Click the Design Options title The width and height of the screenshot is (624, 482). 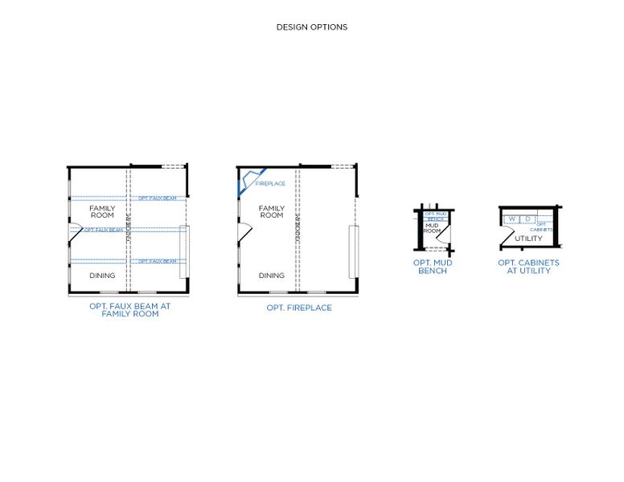(x=312, y=27)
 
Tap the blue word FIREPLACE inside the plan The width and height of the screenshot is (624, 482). (x=270, y=184)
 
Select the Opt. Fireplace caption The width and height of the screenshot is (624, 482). (x=299, y=308)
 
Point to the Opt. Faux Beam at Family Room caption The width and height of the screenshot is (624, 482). (x=129, y=309)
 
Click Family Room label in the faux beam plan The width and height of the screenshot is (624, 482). (x=102, y=212)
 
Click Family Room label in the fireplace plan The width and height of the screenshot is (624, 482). (x=272, y=212)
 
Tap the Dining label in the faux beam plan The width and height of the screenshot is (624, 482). (x=102, y=276)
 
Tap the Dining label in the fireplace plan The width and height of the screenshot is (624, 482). (x=272, y=276)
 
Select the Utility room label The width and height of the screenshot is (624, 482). (x=528, y=239)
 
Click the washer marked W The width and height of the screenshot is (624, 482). (x=511, y=219)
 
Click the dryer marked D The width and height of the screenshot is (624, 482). (x=528, y=219)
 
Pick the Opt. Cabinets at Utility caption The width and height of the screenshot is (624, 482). (x=528, y=267)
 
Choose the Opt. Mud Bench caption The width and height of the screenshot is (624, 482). (x=433, y=267)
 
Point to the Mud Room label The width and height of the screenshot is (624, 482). (x=432, y=228)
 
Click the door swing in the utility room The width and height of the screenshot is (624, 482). (x=507, y=237)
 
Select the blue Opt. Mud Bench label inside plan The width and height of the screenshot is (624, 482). (x=435, y=215)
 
